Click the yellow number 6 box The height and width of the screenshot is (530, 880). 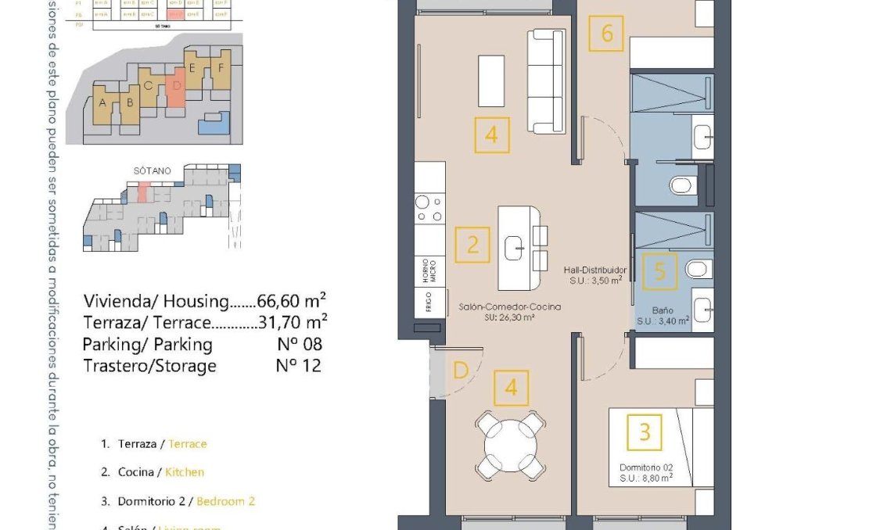coord(606,34)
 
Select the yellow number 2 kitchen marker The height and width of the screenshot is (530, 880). coord(472,245)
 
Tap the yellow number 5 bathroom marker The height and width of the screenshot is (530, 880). coord(659,271)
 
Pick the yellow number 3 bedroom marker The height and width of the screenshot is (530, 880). coord(645,432)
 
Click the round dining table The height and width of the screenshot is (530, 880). coord(511,446)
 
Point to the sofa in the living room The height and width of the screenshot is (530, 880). coord(545,81)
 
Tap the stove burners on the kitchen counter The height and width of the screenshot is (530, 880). coord(429,208)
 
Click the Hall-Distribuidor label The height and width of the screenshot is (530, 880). coord(595,270)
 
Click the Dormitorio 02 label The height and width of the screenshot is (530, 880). coord(646,467)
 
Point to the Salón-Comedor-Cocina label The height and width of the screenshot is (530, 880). coord(509,307)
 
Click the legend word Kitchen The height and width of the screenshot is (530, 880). coord(185,472)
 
